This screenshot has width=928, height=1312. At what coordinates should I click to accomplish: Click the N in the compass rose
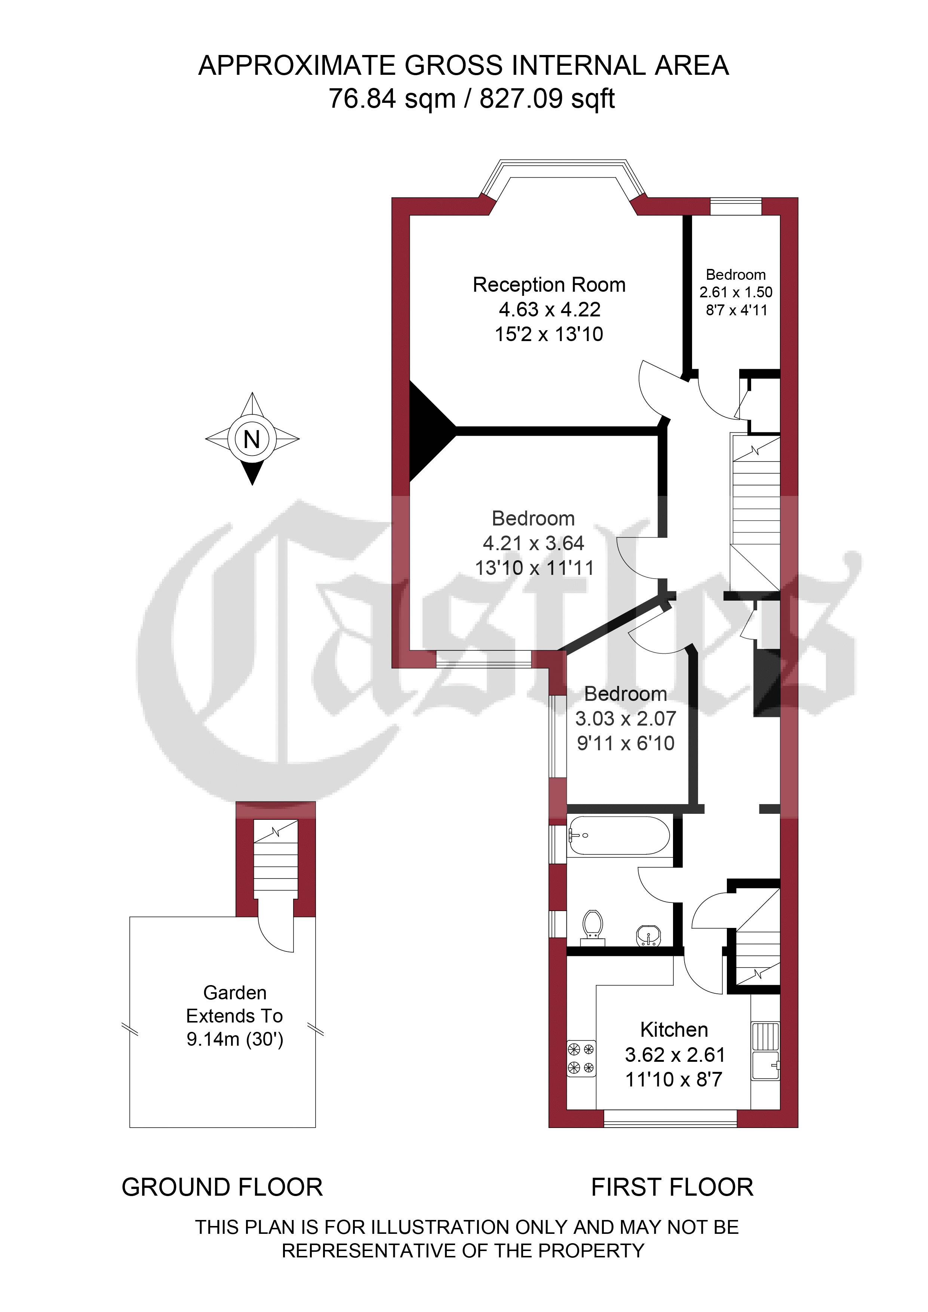pos(252,439)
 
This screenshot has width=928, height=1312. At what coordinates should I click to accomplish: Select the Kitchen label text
pos(674,1030)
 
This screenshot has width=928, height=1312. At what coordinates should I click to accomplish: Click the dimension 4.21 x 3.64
pos(534,543)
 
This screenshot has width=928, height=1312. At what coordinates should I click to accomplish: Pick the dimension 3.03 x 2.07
pos(626,718)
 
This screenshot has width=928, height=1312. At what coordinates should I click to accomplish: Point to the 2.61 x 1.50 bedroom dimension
pos(736,292)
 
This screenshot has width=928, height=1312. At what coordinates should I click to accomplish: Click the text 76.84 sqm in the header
pos(392,99)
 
